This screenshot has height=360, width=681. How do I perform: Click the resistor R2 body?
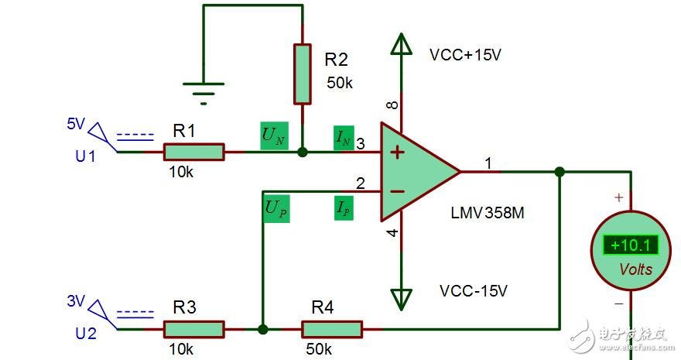303,74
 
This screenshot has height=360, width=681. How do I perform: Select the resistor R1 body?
193,152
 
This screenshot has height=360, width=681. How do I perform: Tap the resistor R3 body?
193,329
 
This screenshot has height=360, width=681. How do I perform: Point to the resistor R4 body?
332,329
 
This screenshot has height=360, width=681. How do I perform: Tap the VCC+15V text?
467,56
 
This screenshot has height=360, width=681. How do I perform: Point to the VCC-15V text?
473,291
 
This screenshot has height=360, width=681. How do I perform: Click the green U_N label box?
273,137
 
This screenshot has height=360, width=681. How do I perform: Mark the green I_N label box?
344,138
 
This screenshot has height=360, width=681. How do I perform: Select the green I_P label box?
344,208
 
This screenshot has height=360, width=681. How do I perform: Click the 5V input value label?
76,125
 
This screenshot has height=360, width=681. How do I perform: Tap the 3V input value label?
76,302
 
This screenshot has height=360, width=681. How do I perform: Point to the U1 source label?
85,156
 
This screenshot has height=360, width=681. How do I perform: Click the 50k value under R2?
339,82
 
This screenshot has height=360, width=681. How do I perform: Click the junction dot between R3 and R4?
263,329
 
